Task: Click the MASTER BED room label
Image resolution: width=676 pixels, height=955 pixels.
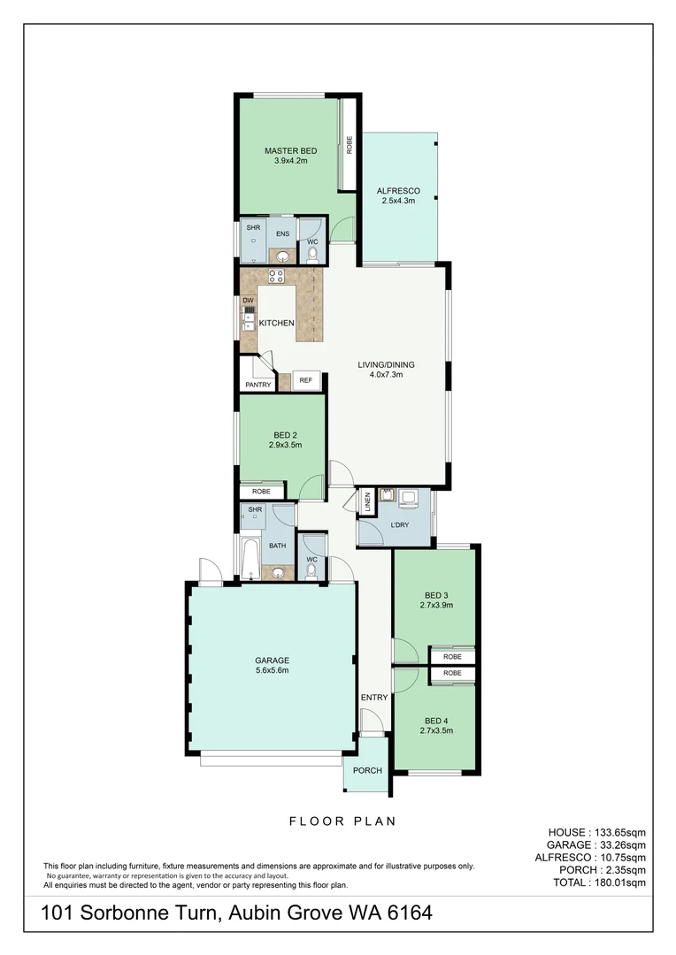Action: [x=290, y=151]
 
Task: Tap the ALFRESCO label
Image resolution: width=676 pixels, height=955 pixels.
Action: [x=398, y=191]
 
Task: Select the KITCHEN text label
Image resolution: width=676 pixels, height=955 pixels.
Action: [x=276, y=324]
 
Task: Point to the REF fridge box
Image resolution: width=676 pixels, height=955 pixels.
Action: [x=306, y=380]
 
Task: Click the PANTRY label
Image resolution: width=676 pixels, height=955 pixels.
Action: [x=258, y=385]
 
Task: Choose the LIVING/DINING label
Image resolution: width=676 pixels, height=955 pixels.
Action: [x=386, y=364]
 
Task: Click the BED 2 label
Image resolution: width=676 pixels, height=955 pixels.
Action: [x=284, y=435]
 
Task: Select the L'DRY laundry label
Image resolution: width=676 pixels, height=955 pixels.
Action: [x=399, y=526]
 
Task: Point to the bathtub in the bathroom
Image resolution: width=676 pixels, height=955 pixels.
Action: [x=249, y=557]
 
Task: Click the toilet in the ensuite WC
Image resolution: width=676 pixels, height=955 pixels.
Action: [x=311, y=256]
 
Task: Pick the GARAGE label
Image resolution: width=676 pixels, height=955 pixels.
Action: [x=273, y=661]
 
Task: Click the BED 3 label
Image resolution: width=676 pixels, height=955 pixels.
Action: [x=435, y=594]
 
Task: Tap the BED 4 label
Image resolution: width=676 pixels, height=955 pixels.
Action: [x=435, y=720]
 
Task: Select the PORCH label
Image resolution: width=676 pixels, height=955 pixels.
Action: [x=367, y=770]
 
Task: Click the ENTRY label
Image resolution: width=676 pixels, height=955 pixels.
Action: [x=374, y=698]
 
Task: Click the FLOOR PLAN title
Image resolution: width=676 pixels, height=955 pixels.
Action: [x=342, y=821]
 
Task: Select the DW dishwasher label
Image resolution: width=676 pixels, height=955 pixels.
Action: [x=248, y=301]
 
